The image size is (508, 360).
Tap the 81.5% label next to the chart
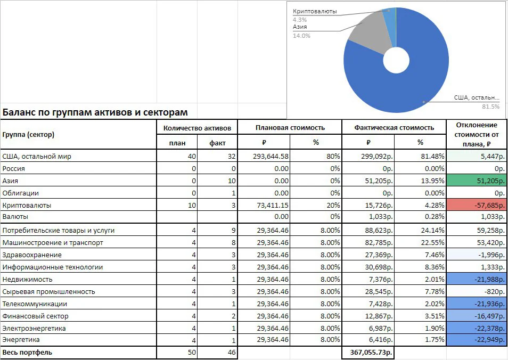tap(491, 107)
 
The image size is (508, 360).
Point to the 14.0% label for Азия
tap(301, 36)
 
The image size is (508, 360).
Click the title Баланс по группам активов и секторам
tap(95, 112)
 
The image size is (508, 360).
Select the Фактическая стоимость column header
tap(394, 128)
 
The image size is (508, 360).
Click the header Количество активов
tap(197, 128)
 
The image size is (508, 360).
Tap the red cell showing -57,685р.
tap(477, 205)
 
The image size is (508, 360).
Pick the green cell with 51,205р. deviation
tap(477, 181)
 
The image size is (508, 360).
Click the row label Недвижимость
tap(27, 279)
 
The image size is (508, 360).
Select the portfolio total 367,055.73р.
tap(371, 352)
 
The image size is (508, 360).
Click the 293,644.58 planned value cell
tap(271, 156)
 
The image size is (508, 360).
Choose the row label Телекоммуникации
tap(35, 304)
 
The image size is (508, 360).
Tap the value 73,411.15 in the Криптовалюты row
tap(273, 205)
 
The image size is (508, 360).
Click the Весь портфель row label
tap(27, 352)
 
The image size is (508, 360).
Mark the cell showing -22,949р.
tap(477, 340)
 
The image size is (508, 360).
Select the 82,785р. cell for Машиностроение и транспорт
tap(379, 243)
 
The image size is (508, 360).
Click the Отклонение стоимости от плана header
tap(477, 135)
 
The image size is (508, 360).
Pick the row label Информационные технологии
tap(53, 267)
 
